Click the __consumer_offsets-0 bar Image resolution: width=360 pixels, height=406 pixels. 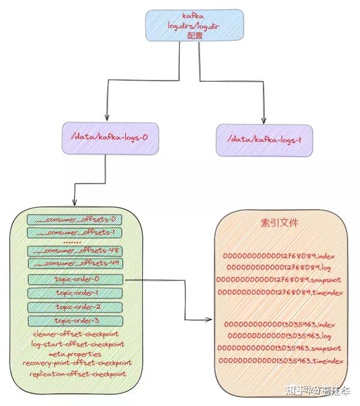click(x=75, y=219)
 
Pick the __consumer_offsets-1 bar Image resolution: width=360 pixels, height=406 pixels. click(x=75, y=232)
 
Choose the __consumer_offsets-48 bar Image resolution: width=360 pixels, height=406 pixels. click(x=75, y=250)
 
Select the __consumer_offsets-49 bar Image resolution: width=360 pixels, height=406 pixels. click(x=75, y=263)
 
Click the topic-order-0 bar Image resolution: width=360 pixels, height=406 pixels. click(x=75, y=279)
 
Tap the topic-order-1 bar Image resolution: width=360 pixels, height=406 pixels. click(x=75, y=293)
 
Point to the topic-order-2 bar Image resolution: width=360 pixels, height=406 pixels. click(x=75, y=307)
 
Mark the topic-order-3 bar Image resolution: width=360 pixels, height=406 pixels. click(x=75, y=321)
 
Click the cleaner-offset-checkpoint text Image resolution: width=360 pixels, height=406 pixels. click(x=76, y=334)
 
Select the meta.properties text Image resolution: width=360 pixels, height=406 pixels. click(x=76, y=354)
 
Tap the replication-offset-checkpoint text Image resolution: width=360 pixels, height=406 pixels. click(x=76, y=374)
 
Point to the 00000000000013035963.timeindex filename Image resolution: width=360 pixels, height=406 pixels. click(x=280, y=360)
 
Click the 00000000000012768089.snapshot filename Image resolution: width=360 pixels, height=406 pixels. click(x=280, y=279)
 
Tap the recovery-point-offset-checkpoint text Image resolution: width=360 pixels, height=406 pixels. click(x=76, y=363)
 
